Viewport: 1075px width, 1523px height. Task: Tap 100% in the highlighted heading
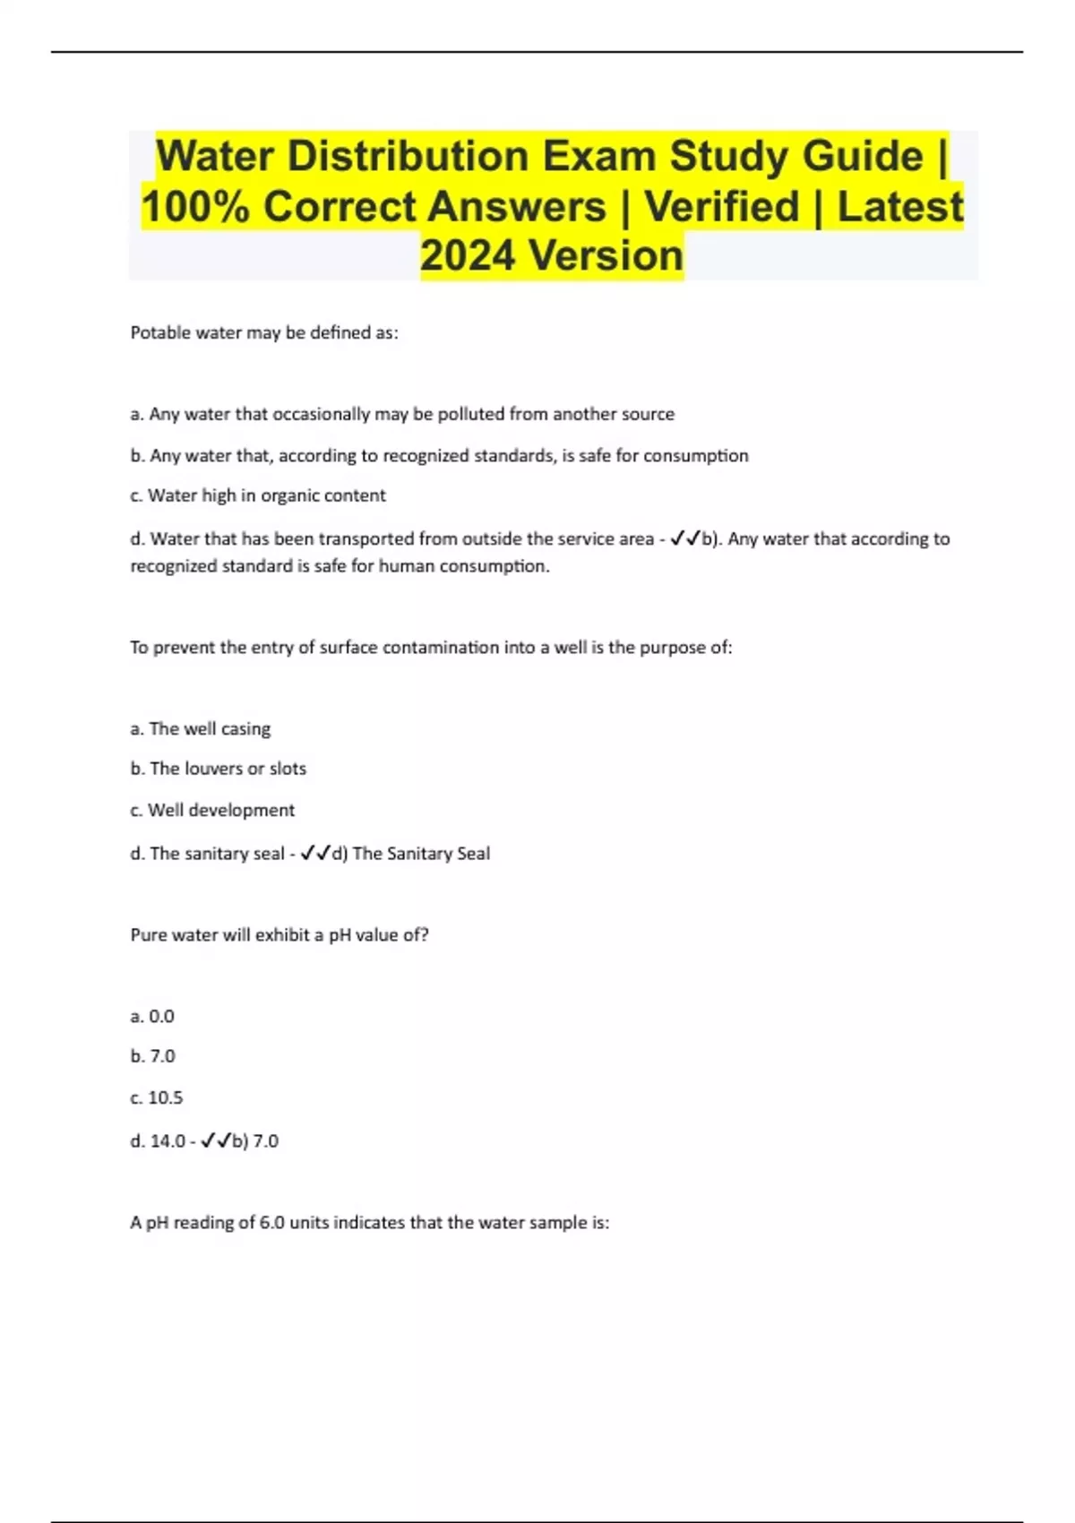[x=194, y=207]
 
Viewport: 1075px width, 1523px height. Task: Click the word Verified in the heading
[x=721, y=207]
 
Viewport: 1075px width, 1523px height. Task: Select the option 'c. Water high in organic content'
[x=258, y=495]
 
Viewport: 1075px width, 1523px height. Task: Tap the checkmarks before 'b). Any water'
[x=684, y=538]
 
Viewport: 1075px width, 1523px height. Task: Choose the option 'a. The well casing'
[x=200, y=728]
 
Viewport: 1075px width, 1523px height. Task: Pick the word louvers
[x=213, y=769]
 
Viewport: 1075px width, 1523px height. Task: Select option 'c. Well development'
[x=212, y=810]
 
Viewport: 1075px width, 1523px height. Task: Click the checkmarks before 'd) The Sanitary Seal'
[x=315, y=853]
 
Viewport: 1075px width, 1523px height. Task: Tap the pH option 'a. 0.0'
[x=152, y=1016]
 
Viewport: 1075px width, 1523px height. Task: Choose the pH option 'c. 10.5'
[x=156, y=1097]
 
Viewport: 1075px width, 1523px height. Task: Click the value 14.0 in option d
[x=168, y=1141]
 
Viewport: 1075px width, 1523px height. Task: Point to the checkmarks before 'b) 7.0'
[x=216, y=1140]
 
